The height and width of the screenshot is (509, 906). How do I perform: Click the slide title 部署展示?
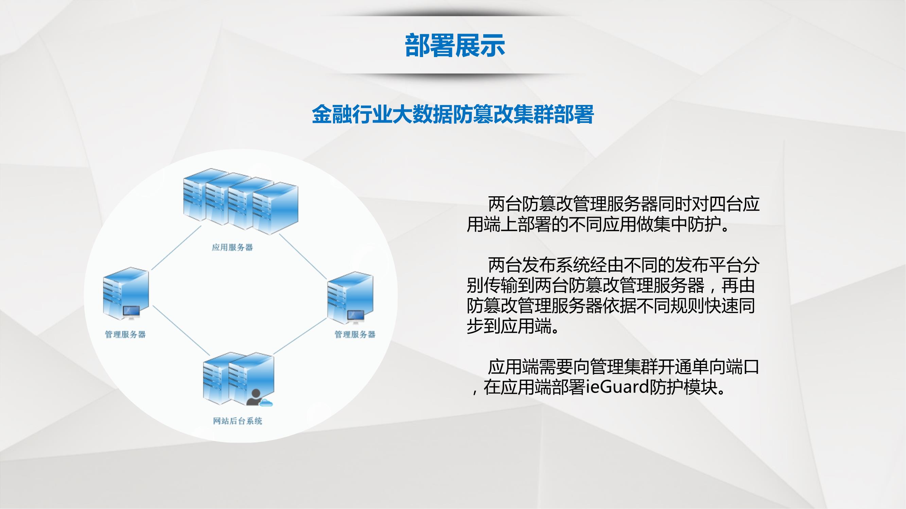point(455,46)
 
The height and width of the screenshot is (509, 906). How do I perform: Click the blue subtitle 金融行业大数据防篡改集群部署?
point(453,114)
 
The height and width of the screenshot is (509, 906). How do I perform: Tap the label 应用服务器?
point(232,248)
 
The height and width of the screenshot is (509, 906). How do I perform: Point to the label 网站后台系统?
point(238,421)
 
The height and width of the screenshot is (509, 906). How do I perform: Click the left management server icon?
point(125,293)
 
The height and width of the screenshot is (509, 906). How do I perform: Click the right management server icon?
point(350,298)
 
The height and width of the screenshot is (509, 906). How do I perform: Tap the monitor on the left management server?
point(131,312)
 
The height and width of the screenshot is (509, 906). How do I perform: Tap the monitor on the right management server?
point(355,317)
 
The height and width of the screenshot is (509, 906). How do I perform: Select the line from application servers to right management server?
point(303,256)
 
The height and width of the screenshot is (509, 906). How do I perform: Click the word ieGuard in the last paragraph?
point(617,387)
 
